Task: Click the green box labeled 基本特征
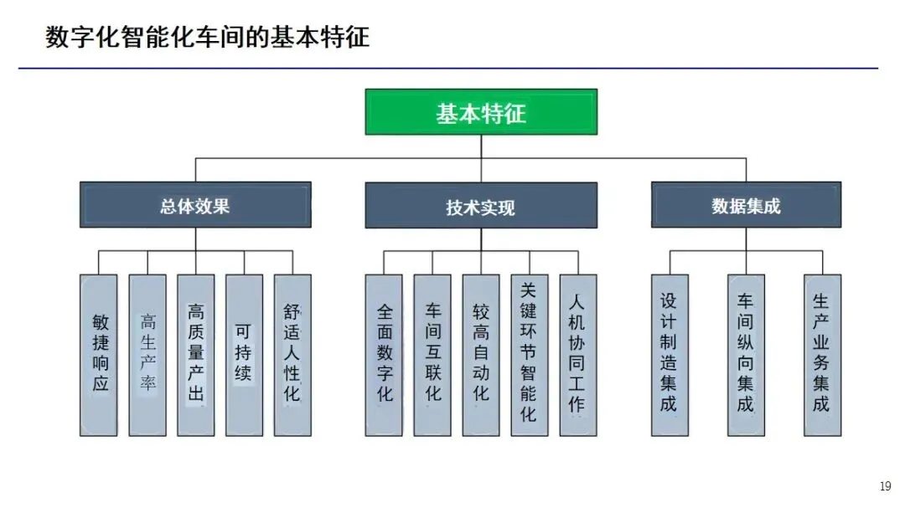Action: [x=481, y=112]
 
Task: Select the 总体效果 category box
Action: [x=195, y=205]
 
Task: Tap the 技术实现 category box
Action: [x=481, y=206]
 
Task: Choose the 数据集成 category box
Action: [x=746, y=205]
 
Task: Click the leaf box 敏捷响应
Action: [x=100, y=355]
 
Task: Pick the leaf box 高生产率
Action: [x=147, y=355]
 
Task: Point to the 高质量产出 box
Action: [x=195, y=355]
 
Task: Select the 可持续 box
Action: [x=244, y=355]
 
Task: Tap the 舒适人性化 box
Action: [x=292, y=355]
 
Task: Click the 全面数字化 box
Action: [x=384, y=355]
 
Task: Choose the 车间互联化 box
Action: [x=432, y=355]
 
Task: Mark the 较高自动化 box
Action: [x=481, y=355]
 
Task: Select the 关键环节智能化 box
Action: [x=529, y=355]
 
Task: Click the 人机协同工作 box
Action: [x=577, y=355]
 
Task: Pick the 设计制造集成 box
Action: [x=669, y=355]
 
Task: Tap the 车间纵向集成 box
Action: [x=746, y=355]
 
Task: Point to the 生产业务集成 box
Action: [x=822, y=355]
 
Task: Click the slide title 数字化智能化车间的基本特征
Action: [x=207, y=38]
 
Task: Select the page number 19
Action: [x=885, y=486]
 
